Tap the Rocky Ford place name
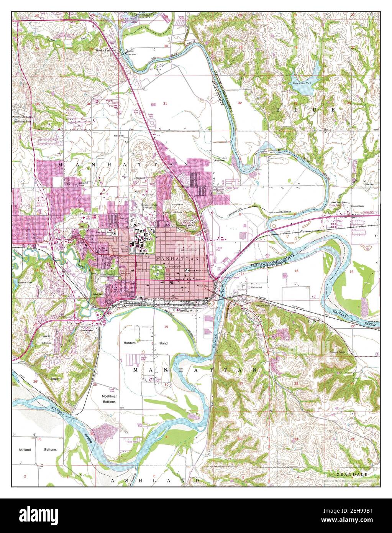click(x=103, y=50)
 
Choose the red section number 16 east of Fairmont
click(x=296, y=271)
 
